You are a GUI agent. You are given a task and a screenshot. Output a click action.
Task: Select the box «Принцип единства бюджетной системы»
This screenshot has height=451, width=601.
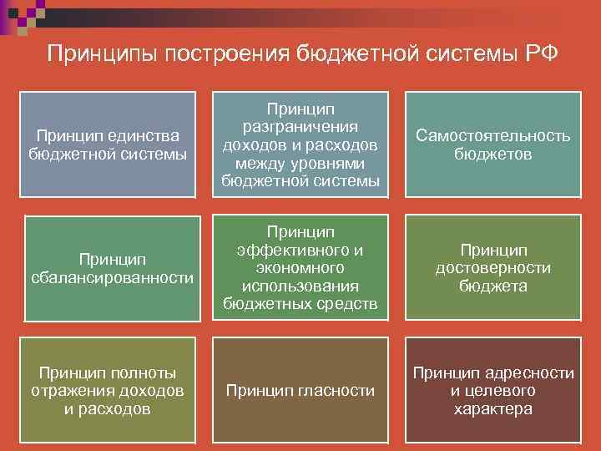point(108,144)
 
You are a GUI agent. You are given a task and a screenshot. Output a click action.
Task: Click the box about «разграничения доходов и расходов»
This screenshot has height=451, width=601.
point(300,144)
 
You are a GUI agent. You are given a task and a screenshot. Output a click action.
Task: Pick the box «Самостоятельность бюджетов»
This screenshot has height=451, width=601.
point(492,144)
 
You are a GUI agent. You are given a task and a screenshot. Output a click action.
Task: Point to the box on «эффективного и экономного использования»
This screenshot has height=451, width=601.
point(300,267)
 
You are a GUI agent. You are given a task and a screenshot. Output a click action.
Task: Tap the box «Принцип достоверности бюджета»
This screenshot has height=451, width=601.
point(492,267)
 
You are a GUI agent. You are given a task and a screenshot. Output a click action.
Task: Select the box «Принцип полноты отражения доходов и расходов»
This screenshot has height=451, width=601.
point(108,389)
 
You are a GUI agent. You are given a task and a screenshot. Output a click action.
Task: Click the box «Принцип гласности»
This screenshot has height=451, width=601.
point(300,389)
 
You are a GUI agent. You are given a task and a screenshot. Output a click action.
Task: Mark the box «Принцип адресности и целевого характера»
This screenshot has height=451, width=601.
point(492,389)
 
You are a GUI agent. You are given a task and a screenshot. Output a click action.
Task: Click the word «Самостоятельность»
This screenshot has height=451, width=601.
point(493,135)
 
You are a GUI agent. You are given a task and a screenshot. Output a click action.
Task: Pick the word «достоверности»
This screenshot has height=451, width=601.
point(493,268)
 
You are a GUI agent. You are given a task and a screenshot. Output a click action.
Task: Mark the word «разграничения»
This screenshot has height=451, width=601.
point(300,126)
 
